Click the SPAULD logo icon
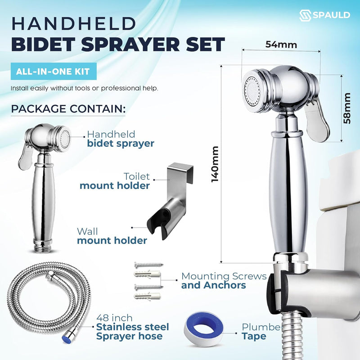(305, 15)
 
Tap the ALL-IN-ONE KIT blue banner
(54, 71)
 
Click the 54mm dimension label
(281, 44)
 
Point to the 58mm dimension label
(347, 108)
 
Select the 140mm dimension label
(215, 164)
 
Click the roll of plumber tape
(203, 328)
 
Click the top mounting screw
(149, 265)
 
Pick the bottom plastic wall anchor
(147, 296)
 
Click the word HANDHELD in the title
(74, 24)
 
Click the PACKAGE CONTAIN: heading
(68, 108)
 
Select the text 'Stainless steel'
(132, 327)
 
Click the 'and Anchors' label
(213, 285)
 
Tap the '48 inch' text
(114, 318)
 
